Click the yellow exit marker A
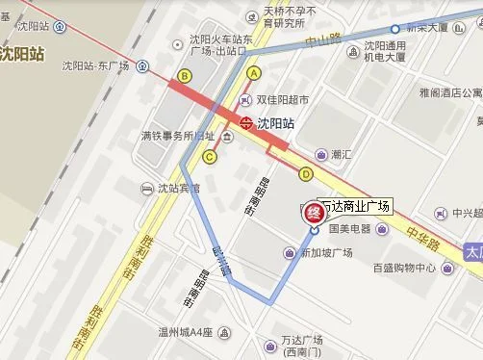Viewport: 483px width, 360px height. coord(254,72)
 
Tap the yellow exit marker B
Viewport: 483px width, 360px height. coord(185,75)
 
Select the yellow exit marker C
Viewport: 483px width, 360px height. coord(210,157)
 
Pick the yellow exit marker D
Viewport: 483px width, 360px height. coord(306,174)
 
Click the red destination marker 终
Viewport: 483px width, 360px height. coord(312,211)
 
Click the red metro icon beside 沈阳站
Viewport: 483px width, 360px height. coord(247,122)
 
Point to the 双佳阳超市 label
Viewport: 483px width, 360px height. coord(285,100)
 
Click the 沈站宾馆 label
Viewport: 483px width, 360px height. coord(179,188)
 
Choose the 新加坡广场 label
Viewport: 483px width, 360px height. coord(327,252)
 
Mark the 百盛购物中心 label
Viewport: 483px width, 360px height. coord(405,268)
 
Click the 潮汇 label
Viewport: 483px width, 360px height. coord(342,154)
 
